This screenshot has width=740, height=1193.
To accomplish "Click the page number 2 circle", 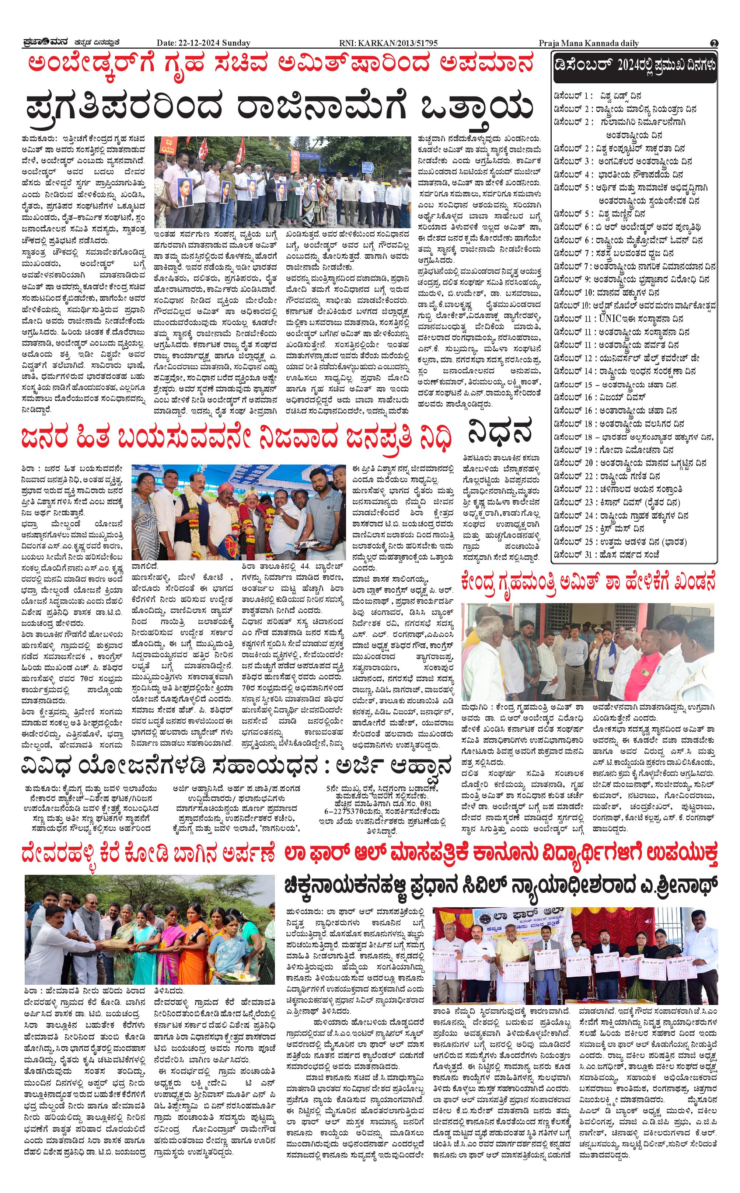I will [x=714, y=43].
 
